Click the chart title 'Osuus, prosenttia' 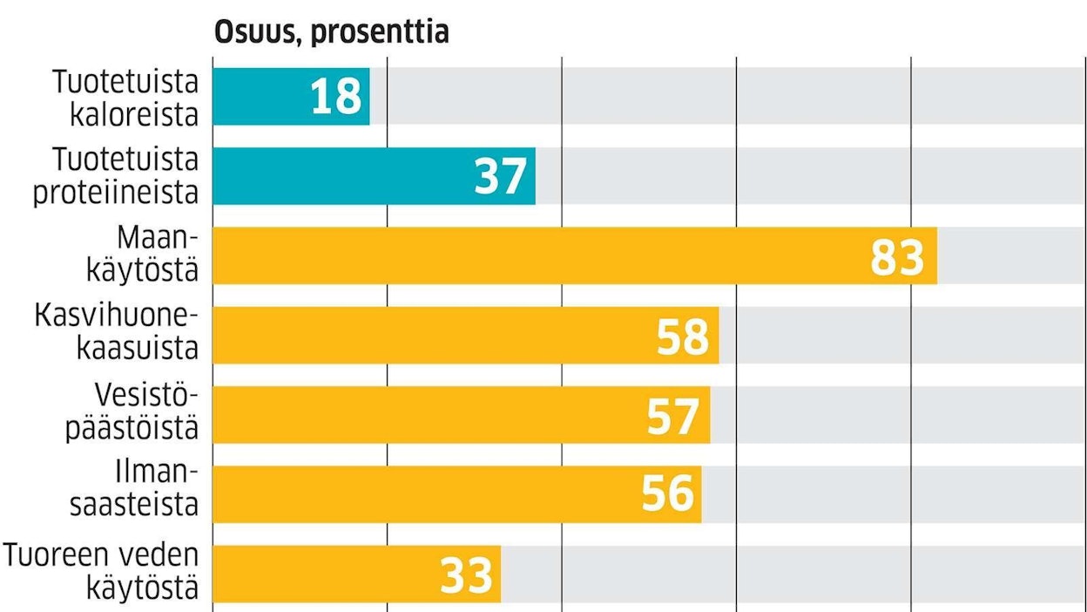[331, 32]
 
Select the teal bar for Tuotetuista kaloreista [261, 97]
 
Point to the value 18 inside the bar [336, 97]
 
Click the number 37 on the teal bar [501, 177]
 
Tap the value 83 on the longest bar [897, 256]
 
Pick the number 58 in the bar [683, 336]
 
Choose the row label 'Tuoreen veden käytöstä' [102, 572]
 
